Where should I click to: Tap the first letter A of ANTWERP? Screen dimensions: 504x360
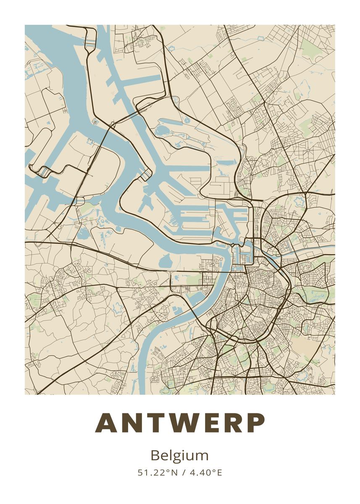[x=105, y=423]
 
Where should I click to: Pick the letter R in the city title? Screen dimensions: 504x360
[x=232, y=423]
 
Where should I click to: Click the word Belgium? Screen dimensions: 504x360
[x=179, y=456]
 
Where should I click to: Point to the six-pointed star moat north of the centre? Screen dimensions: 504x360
[x=300, y=201]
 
